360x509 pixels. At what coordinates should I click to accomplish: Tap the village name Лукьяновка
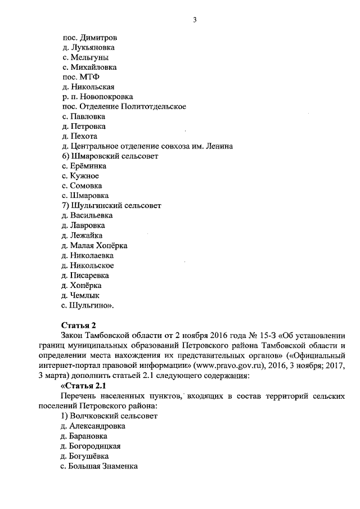pyautogui.click(x=96, y=48)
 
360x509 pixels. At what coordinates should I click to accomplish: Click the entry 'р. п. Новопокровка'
pyautogui.click(x=97, y=97)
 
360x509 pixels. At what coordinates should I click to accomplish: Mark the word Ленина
pyautogui.click(x=220, y=146)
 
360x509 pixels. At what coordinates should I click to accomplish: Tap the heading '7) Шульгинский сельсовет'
pyautogui.click(x=112, y=205)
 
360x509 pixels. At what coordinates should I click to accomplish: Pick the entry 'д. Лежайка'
pyautogui.click(x=83, y=235)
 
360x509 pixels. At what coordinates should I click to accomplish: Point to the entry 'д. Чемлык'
pyautogui.click(x=82, y=295)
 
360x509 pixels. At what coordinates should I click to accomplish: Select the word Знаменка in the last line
pyautogui.click(x=119, y=466)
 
